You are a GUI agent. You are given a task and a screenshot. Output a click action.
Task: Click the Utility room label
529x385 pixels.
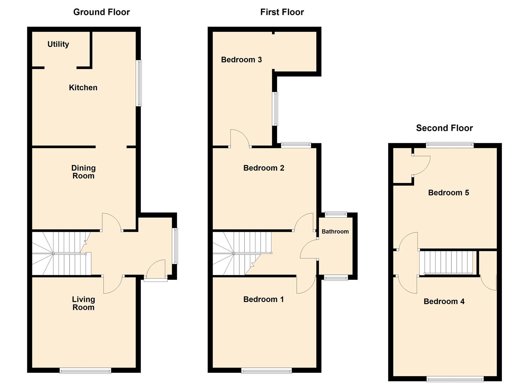pyautogui.click(x=58, y=44)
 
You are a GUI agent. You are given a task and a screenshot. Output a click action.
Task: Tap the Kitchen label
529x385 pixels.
pyautogui.click(x=83, y=88)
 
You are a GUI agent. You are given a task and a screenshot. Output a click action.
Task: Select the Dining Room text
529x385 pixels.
pyautogui.click(x=83, y=172)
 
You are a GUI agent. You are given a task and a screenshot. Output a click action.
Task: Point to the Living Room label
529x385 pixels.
pyautogui.click(x=83, y=303)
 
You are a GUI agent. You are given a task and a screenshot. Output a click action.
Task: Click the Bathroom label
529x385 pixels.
pyautogui.click(x=335, y=232)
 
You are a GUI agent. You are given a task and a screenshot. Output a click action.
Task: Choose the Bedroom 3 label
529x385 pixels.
pyautogui.click(x=241, y=60)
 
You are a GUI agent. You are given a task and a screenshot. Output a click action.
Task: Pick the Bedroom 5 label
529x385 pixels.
pyautogui.click(x=448, y=193)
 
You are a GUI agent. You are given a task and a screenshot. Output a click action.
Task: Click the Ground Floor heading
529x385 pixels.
pyautogui.click(x=102, y=12)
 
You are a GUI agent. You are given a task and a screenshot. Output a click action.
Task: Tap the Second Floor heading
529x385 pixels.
pyautogui.click(x=444, y=128)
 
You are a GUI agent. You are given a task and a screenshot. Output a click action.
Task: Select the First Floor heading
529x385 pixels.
pyautogui.click(x=282, y=12)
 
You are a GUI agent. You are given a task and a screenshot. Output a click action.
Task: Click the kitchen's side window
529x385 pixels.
pyautogui.click(x=139, y=83)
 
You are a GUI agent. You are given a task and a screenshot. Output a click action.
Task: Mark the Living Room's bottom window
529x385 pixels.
pyautogui.click(x=85, y=371)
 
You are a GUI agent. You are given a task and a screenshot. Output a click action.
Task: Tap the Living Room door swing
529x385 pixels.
pyautogui.click(x=113, y=284)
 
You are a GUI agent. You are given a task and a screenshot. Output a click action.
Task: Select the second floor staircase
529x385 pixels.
pyautogui.click(x=448, y=263)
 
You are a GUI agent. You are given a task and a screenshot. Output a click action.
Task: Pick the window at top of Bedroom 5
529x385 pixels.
pyautogui.click(x=450, y=145)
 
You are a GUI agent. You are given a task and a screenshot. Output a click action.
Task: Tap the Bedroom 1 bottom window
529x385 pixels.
pyautogui.click(x=266, y=371)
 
